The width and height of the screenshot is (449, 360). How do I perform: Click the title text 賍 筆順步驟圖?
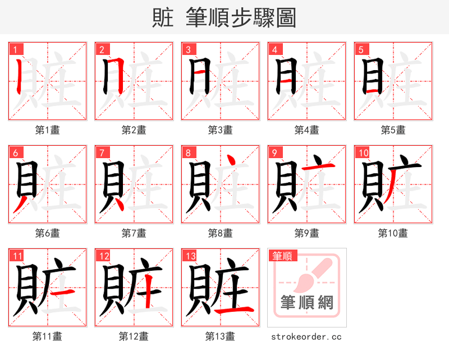[224, 17]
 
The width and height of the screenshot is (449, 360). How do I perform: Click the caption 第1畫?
[48, 130]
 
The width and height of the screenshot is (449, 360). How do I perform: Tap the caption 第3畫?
[221, 130]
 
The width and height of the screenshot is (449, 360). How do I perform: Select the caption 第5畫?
[393, 130]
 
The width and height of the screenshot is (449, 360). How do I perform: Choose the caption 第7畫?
[134, 233]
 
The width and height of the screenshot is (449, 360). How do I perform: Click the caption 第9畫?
[307, 233]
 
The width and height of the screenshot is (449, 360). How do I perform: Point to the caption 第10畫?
[393, 233]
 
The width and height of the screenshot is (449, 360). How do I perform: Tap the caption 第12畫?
[134, 336]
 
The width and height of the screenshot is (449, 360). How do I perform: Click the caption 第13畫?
[221, 336]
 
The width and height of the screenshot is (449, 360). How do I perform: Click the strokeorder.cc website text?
[306, 337]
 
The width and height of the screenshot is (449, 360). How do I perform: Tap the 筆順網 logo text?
[307, 303]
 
